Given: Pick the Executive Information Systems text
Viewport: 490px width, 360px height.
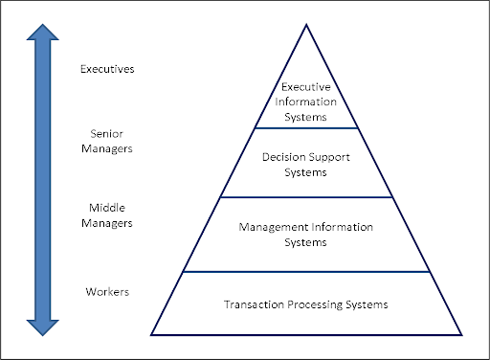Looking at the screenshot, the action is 305,102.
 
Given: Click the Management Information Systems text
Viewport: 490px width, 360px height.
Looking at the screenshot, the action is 305,235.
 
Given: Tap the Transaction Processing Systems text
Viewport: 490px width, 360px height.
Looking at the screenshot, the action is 305,304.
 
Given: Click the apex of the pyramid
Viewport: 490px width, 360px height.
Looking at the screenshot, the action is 306,23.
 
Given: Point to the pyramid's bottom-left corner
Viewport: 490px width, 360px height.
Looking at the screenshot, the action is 152,334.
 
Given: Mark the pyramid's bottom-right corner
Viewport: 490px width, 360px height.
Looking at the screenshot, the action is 461,334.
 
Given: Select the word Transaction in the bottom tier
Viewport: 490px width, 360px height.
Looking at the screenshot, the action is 252,304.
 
